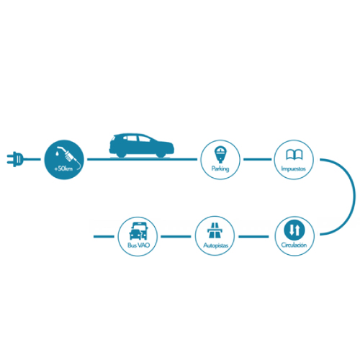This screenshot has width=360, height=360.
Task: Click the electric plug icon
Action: [16, 159]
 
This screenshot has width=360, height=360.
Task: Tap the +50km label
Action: [63, 168]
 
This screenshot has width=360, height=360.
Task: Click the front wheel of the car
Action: [161, 155]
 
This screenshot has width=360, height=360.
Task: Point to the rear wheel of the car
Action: [121, 155]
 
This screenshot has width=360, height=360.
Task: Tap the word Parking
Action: [220, 168]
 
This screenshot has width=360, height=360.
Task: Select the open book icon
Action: [294, 155]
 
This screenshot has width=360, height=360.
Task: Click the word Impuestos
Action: [293, 169]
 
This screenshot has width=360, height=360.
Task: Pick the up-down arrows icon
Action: [294, 230]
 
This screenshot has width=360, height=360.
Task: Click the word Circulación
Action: [294, 245]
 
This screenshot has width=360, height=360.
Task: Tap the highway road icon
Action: [215, 230]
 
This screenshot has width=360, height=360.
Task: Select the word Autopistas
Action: [216, 246]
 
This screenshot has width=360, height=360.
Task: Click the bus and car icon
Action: [138, 231]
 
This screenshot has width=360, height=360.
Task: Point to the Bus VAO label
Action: [138, 246]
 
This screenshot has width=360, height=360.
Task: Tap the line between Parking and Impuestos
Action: [257, 159]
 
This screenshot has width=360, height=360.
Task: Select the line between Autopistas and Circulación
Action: [253, 237]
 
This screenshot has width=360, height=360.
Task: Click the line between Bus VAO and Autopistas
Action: [176, 237]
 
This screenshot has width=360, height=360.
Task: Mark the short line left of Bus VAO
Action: [104, 237]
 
